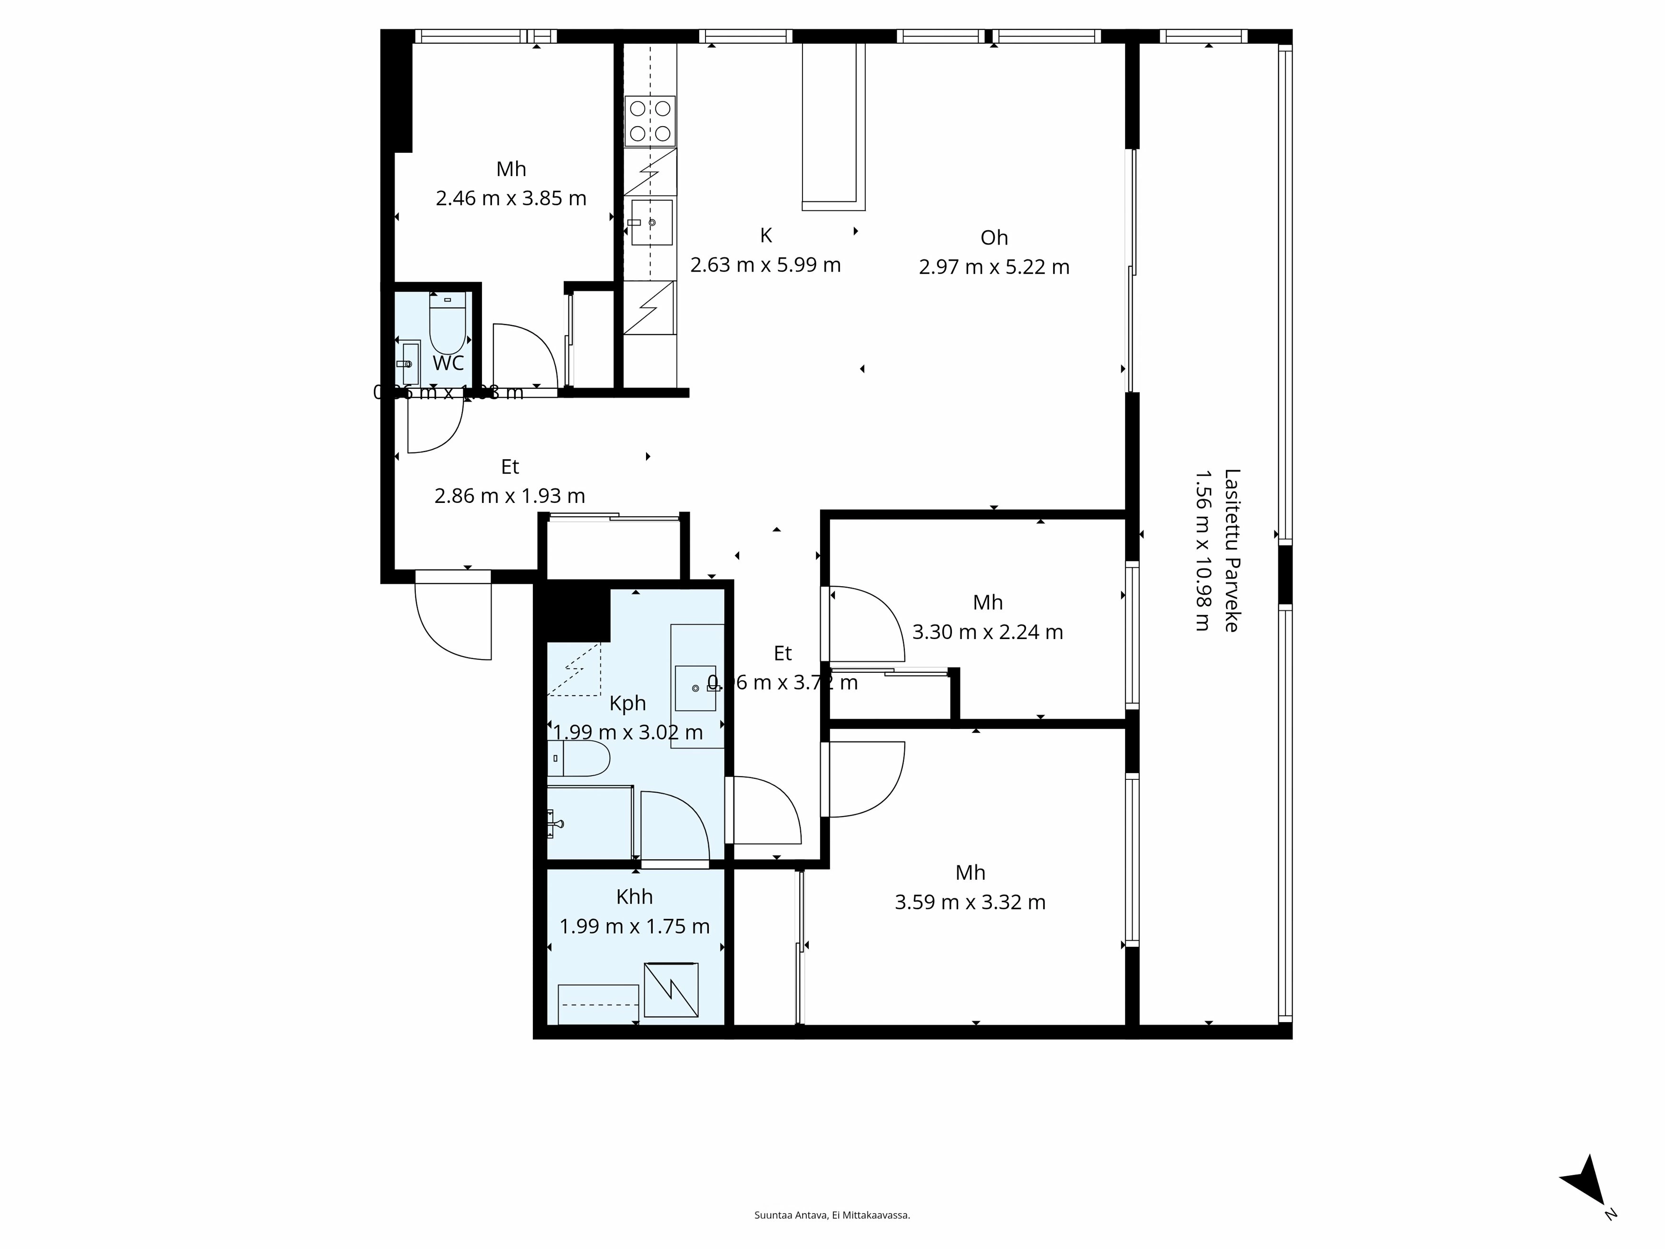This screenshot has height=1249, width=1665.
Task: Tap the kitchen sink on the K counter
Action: click(x=652, y=222)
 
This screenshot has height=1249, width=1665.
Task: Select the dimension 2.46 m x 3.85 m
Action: click(x=510, y=198)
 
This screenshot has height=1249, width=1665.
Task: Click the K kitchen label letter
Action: click(x=765, y=236)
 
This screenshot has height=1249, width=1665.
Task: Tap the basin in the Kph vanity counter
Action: click(x=695, y=688)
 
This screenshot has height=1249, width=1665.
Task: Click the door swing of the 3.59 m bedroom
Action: click(x=866, y=779)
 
